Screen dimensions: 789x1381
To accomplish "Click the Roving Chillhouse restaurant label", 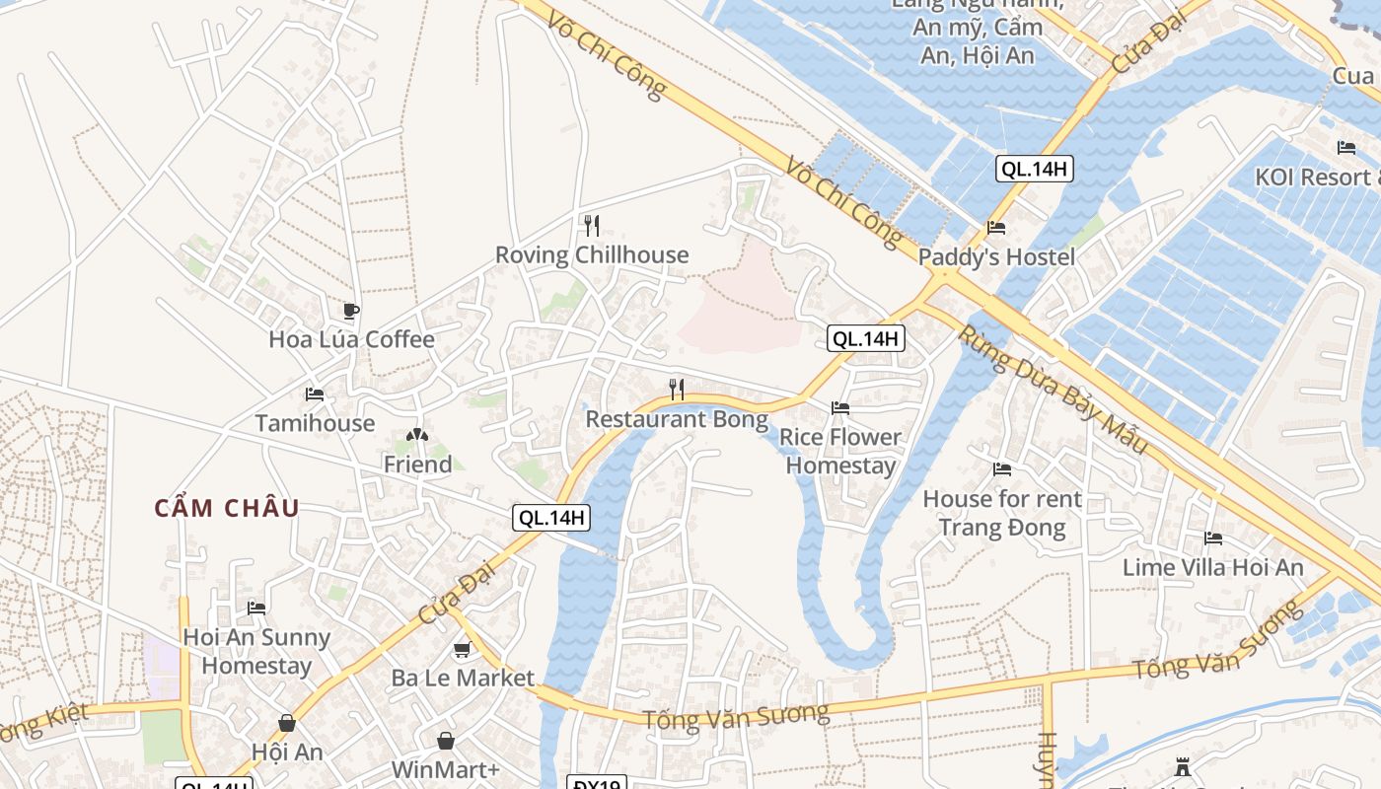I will pyautogui.click(x=591, y=255).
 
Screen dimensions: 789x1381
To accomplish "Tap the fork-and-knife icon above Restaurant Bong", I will pyautogui.click(x=677, y=389).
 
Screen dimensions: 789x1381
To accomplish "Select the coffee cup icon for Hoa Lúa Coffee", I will pyautogui.click(x=350, y=311).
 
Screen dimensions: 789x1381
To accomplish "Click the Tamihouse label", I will pyautogui.click(x=315, y=423).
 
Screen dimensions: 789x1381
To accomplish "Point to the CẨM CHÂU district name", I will pyautogui.click(x=227, y=509).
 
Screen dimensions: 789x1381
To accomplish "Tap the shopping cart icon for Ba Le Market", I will pyautogui.click(x=462, y=649).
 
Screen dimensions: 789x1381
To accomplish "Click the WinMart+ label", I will pyautogui.click(x=445, y=769).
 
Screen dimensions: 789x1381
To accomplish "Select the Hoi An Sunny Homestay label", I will pyautogui.click(x=256, y=651).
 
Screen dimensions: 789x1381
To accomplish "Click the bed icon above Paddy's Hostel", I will pyautogui.click(x=996, y=228).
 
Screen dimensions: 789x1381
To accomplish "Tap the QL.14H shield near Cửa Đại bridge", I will pyautogui.click(x=1033, y=169).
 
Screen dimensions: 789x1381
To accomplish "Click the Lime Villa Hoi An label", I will pyautogui.click(x=1212, y=567).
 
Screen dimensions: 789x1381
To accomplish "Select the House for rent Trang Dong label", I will pyautogui.click(x=1001, y=513).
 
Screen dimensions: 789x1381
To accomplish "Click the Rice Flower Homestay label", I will pyautogui.click(x=840, y=451).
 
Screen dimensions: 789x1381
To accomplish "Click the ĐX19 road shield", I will pyautogui.click(x=597, y=784).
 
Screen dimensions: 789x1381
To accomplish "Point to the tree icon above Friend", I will pyautogui.click(x=417, y=435).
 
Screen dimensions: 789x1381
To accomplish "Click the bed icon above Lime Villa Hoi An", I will pyautogui.click(x=1213, y=538).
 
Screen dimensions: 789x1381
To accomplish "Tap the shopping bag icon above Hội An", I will pyautogui.click(x=286, y=723).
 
